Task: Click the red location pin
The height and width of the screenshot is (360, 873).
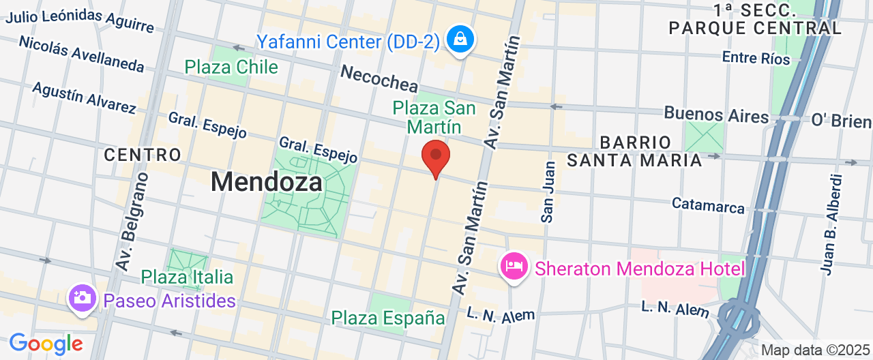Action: click(x=436, y=157)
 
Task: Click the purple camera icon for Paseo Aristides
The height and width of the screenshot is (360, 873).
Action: click(x=82, y=299)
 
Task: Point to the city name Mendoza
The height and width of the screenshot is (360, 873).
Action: click(x=266, y=182)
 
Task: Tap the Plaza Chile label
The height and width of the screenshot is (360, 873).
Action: click(x=231, y=67)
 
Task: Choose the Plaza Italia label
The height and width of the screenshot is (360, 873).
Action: click(x=188, y=277)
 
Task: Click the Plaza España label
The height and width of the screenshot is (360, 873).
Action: click(x=388, y=318)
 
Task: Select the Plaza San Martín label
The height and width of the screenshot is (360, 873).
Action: click(x=434, y=117)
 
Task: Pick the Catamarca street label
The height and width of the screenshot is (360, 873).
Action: click(x=708, y=205)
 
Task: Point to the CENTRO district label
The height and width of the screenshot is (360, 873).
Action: click(x=143, y=155)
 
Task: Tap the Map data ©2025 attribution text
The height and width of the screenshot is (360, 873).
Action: click(x=814, y=350)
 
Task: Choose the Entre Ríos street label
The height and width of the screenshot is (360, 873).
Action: click(x=756, y=58)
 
